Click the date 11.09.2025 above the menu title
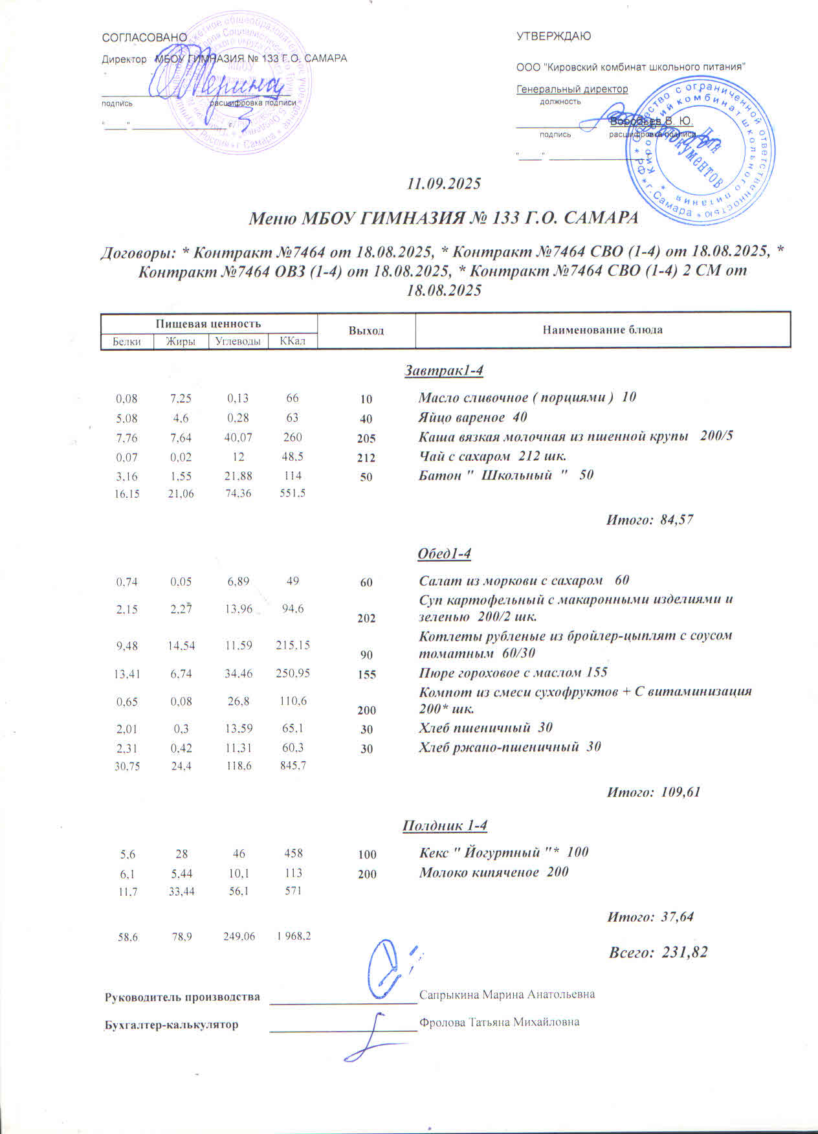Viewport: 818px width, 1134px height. (x=443, y=184)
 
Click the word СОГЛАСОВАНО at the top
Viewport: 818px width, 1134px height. (x=144, y=38)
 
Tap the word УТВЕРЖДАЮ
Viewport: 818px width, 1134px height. (x=553, y=36)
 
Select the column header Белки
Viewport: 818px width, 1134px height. (x=127, y=341)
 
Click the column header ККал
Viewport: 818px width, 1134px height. (x=293, y=340)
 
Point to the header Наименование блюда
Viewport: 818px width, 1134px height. (x=602, y=329)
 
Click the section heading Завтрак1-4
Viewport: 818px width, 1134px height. (x=445, y=371)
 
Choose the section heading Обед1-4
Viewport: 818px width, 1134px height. (x=445, y=554)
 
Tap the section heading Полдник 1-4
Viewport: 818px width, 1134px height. (x=445, y=826)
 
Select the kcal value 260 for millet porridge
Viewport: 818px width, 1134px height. (x=293, y=438)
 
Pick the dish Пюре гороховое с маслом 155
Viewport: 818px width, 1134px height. (x=513, y=673)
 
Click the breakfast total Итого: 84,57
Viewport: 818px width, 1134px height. (x=649, y=519)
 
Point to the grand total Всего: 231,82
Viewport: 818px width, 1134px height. (x=658, y=952)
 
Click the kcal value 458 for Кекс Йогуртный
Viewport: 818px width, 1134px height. (x=293, y=853)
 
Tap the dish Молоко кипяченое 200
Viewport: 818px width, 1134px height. (x=494, y=872)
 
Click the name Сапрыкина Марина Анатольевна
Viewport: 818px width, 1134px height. (x=507, y=994)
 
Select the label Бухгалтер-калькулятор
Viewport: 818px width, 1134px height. (x=171, y=1025)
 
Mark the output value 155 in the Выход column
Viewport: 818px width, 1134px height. (x=366, y=674)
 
